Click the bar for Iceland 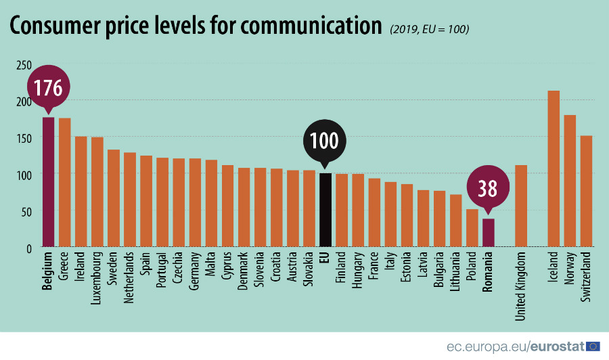pyautogui.click(x=554, y=168)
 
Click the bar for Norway pyautogui.click(x=570, y=181)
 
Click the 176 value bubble pyautogui.click(x=49, y=88)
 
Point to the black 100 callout pyautogui.click(x=325, y=141)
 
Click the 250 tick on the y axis pyautogui.click(x=24, y=65)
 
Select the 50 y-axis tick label pyautogui.click(x=27, y=212)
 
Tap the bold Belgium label pyautogui.click(x=48, y=272)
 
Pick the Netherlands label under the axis pyautogui.click(x=130, y=277)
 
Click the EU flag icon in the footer pyautogui.click(x=593, y=346)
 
